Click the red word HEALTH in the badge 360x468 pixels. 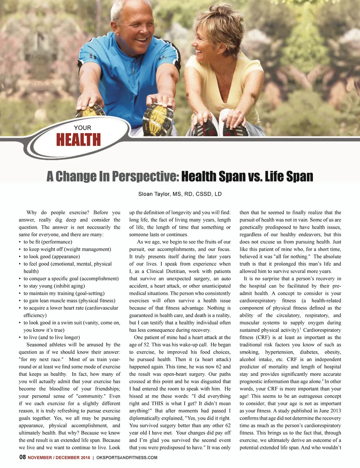[78, 140]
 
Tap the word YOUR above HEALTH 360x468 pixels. [83, 128]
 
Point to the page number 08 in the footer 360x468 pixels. [22, 457]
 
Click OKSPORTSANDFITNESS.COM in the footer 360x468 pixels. [127, 457]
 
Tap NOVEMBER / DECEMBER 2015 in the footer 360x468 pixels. [59, 457]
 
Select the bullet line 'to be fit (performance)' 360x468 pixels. [47, 242]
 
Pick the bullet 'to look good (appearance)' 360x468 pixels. [51, 257]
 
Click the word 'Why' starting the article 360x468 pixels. [32, 213]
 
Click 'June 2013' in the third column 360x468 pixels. [330, 411]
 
